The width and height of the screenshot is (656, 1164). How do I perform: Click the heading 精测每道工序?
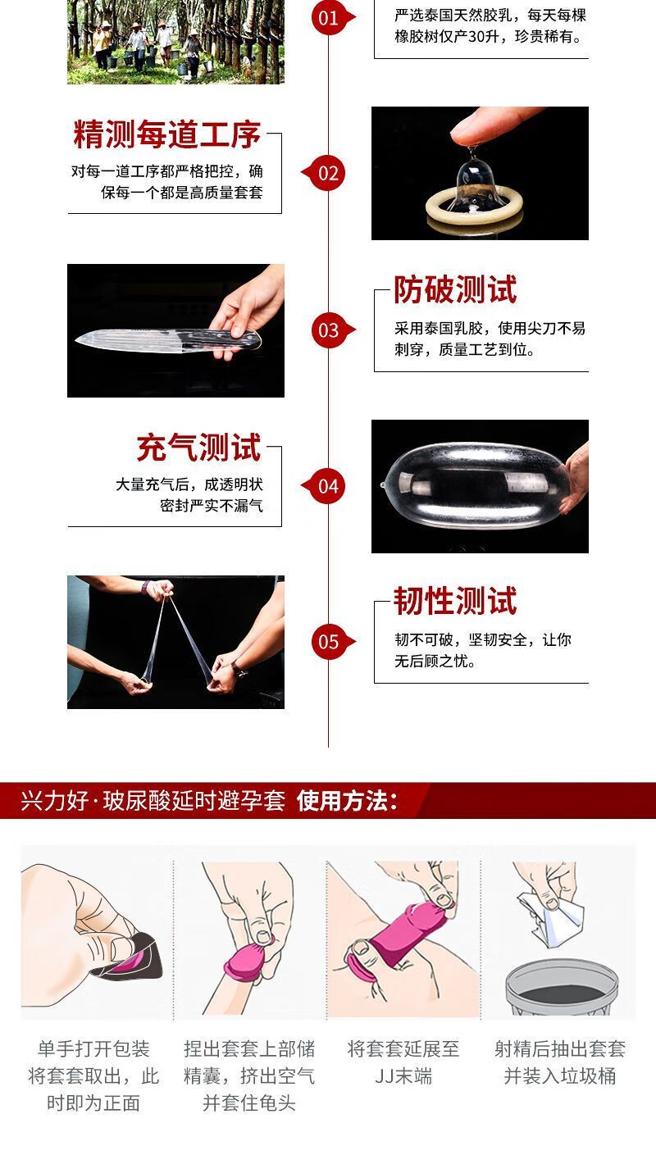click(x=166, y=134)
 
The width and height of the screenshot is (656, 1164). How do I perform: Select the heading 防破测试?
click(x=455, y=289)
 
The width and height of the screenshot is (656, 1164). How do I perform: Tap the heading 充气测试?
click(x=198, y=448)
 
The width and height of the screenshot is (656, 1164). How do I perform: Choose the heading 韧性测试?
click(x=455, y=601)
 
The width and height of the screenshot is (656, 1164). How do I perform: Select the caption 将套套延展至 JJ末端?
click(x=403, y=1062)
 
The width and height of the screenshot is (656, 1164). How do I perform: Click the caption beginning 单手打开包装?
click(x=93, y=1075)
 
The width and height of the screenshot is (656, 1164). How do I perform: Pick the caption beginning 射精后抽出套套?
click(x=560, y=1062)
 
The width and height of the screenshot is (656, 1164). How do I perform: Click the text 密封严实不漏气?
click(x=211, y=506)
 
